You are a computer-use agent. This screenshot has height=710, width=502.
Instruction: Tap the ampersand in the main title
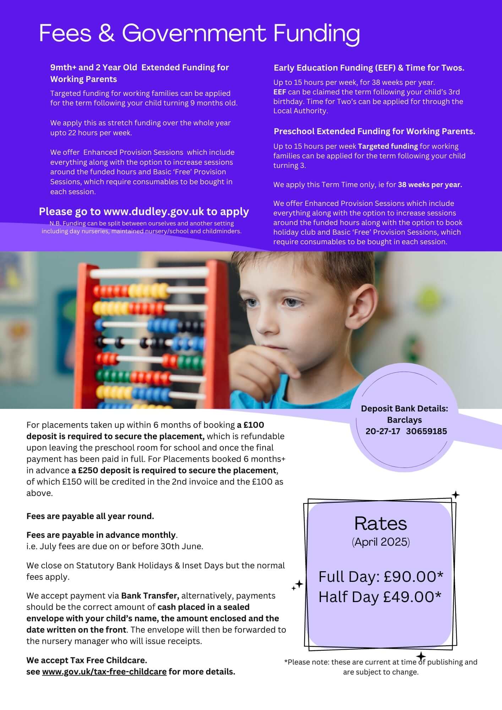click(107, 33)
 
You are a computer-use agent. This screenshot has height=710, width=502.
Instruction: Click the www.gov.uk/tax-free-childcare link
click(104, 672)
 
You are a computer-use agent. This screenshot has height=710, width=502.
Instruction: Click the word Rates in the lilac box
click(381, 523)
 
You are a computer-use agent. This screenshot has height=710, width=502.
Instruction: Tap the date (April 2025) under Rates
click(381, 542)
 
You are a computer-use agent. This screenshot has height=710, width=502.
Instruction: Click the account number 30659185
click(426, 431)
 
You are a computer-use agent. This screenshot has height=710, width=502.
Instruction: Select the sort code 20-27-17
click(383, 431)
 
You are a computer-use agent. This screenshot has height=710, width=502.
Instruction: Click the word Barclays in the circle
click(404, 420)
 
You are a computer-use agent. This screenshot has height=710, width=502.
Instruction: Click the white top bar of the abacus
click(149, 273)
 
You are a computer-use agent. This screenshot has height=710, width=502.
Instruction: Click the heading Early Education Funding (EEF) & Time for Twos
click(369, 68)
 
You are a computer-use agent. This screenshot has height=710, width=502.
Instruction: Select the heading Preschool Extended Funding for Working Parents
click(374, 131)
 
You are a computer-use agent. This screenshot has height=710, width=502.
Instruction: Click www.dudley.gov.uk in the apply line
click(153, 212)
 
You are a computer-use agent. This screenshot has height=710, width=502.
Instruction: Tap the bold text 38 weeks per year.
click(430, 185)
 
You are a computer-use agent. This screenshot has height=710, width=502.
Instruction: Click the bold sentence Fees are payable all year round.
click(90, 516)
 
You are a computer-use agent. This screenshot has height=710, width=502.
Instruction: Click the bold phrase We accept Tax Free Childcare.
click(87, 660)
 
